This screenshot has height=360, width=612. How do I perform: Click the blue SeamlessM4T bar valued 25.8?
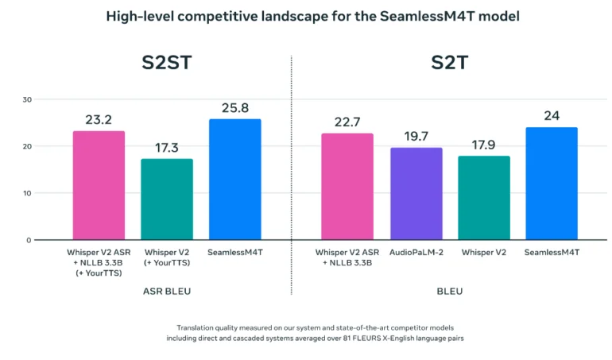point(234,179)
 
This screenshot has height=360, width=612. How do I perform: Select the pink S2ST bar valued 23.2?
point(99,185)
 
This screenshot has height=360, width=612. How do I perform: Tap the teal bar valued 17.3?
point(167,199)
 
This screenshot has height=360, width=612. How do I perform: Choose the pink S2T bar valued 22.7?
point(347,186)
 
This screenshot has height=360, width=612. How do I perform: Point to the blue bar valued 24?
point(552,183)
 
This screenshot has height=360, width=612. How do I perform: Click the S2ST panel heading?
point(166,63)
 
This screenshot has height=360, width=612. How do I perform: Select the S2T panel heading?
point(449,63)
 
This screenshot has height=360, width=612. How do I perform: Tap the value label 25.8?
point(234,106)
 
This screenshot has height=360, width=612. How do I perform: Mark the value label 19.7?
point(416,135)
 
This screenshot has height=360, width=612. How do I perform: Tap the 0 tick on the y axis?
point(29,240)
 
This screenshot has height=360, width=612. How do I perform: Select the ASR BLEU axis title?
point(166,292)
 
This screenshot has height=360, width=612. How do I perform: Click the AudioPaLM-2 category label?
point(416,253)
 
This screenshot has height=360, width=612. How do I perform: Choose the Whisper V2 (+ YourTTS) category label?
point(167,257)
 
